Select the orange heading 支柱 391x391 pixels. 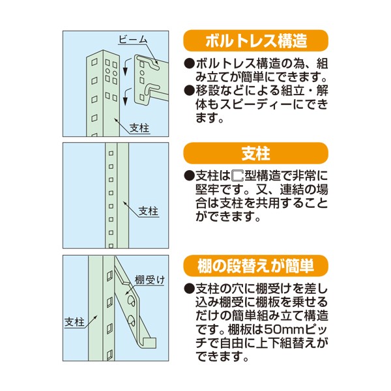(x=255, y=154)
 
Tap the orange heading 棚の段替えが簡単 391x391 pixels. (x=255, y=266)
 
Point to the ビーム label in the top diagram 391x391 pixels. (x=132, y=40)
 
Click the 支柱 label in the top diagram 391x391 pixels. (x=139, y=128)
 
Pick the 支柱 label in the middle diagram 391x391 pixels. (x=149, y=211)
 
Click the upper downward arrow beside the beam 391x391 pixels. (x=121, y=66)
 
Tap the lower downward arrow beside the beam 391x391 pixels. (x=121, y=98)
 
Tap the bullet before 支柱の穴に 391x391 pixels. (x=189, y=289)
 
